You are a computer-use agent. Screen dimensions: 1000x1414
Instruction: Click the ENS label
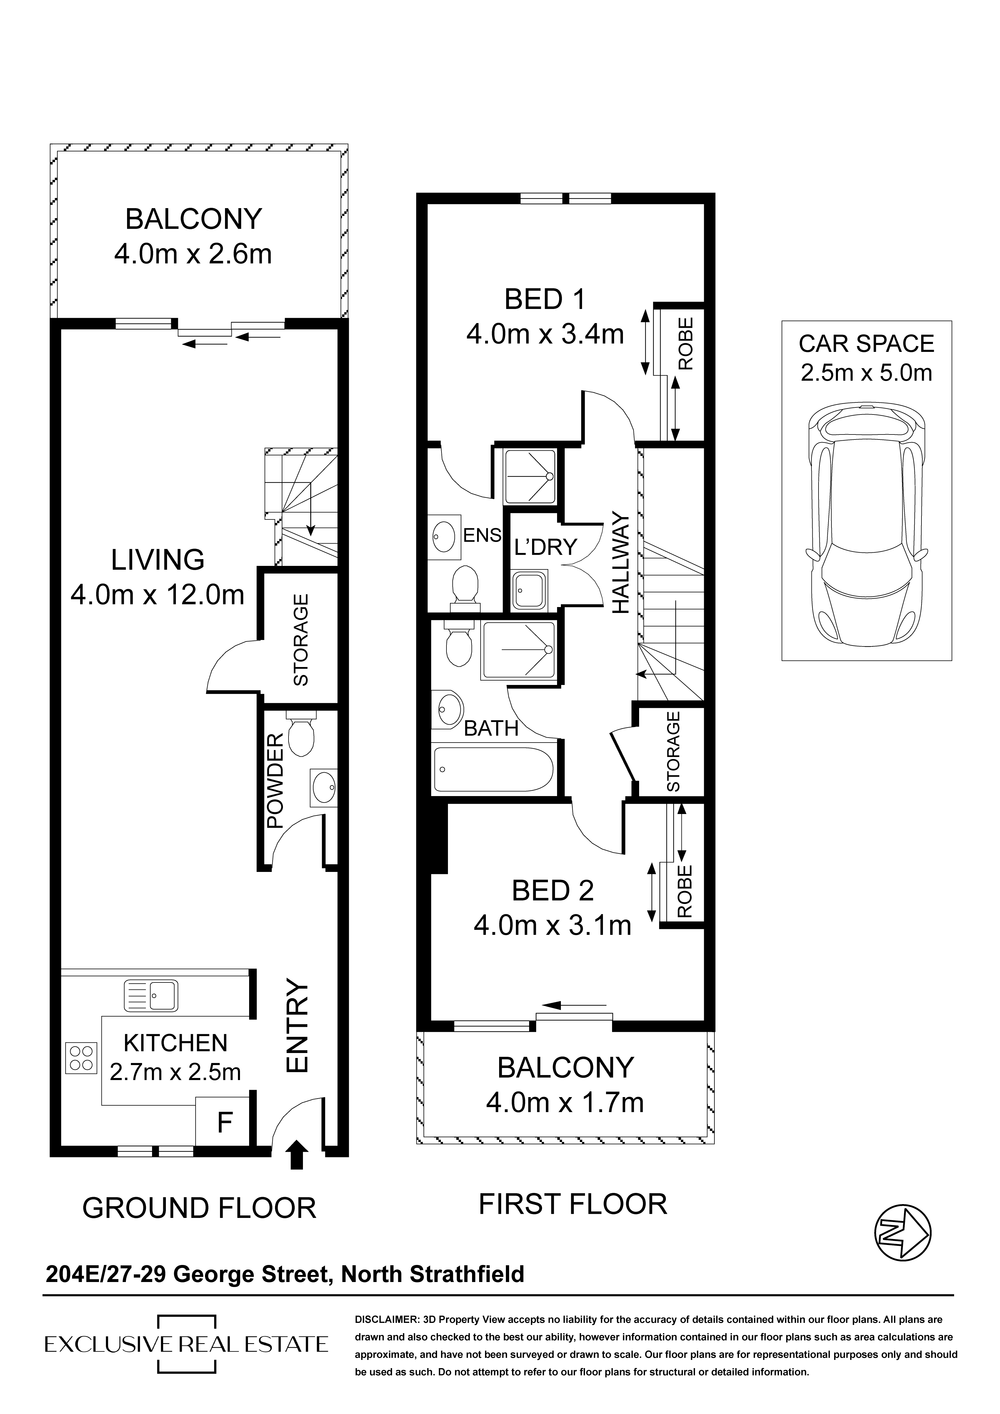pyautogui.click(x=482, y=535)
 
